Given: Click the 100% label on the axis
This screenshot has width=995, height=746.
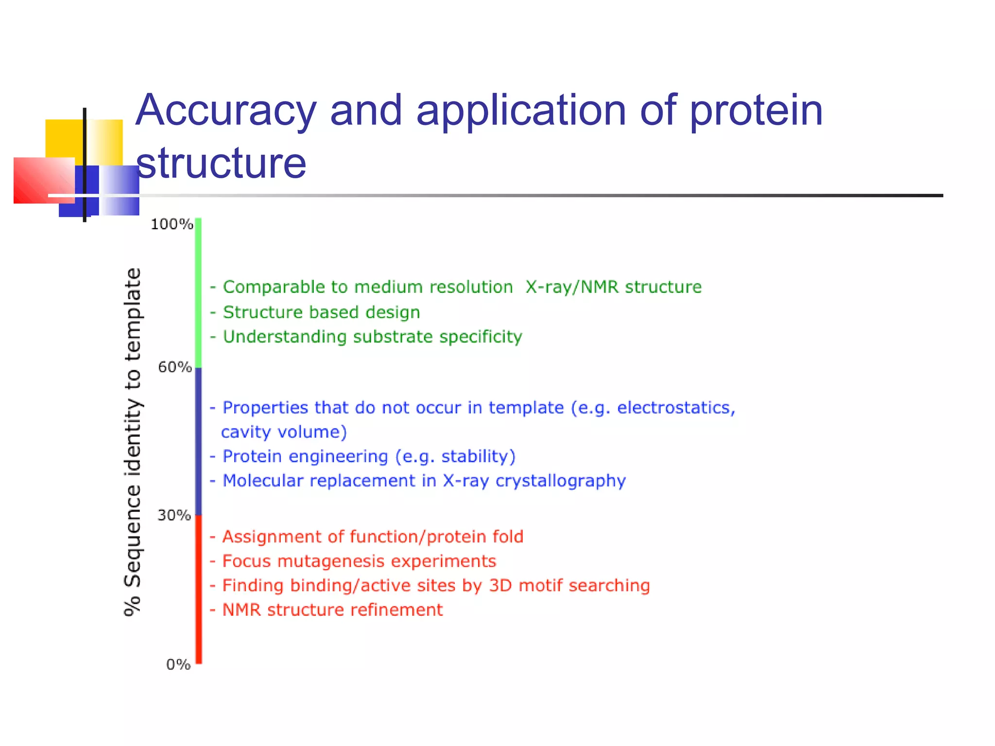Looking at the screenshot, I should click(172, 224).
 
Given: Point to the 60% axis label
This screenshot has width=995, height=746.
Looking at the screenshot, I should click(175, 367).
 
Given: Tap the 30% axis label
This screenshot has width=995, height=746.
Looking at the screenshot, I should click(174, 515).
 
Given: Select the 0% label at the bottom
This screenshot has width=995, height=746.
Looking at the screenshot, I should click(178, 664).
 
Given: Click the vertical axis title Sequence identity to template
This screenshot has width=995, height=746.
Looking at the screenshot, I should click(133, 442).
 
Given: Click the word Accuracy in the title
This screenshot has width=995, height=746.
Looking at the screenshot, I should click(226, 111).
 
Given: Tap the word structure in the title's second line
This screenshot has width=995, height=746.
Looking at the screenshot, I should click(221, 163).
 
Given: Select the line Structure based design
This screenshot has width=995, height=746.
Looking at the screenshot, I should click(321, 312).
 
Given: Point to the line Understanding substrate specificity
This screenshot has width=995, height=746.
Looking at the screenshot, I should click(372, 337).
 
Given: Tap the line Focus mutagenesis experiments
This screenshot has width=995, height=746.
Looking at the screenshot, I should click(359, 561).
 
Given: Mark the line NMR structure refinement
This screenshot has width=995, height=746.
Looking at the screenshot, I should click(332, 610).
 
